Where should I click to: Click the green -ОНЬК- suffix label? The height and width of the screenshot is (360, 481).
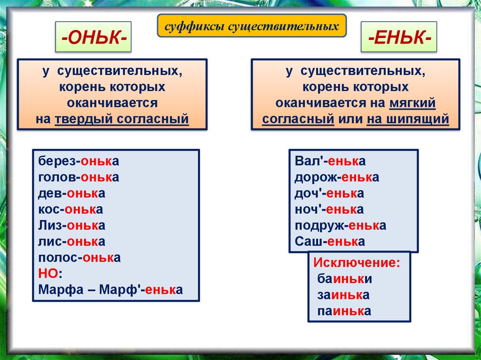tap(93, 37)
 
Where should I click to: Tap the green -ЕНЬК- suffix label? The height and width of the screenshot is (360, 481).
tap(399, 37)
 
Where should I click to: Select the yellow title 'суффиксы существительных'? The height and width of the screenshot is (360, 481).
tap(252, 26)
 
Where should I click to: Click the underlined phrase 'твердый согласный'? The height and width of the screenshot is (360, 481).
tap(122, 119)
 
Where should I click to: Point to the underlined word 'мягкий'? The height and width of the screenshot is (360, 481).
tap(412, 103)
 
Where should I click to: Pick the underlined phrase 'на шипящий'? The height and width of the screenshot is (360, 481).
tap(408, 119)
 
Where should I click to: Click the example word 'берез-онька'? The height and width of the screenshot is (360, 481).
tap(78, 161)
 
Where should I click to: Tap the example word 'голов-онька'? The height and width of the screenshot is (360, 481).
tap(78, 177)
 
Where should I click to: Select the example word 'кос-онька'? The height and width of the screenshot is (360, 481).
tap(70, 209)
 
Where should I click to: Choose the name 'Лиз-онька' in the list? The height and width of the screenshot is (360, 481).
tap(72, 225)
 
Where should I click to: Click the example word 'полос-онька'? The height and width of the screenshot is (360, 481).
tap(79, 258)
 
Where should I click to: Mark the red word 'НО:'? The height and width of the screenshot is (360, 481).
tap(50, 274)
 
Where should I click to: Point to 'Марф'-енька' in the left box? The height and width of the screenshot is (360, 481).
tap(141, 290)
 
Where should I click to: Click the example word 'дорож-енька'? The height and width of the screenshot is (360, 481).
tap(337, 177)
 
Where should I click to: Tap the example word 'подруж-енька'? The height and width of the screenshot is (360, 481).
tap(341, 226)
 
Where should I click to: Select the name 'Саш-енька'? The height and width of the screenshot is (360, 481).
tap(330, 242)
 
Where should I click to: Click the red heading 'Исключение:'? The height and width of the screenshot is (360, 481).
tap(357, 263)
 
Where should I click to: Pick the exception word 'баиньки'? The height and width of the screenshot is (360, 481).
tap(344, 279)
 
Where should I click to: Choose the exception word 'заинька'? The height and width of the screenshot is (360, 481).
tap(343, 295)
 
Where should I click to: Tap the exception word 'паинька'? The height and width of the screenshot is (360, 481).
tap(344, 311)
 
